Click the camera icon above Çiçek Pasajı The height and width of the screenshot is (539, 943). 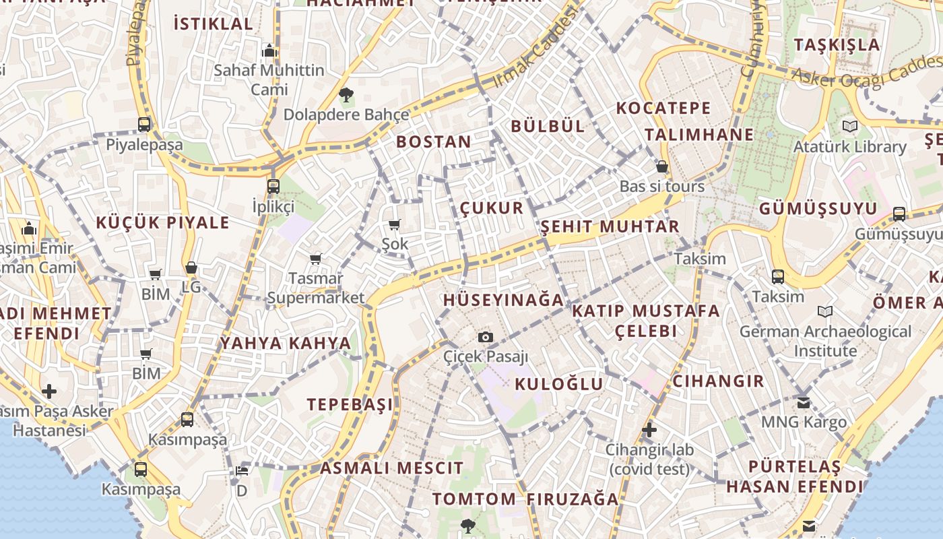tap(485, 337)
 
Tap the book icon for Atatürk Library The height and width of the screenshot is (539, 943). tap(850, 126)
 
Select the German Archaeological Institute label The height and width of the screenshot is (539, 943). tap(825, 341)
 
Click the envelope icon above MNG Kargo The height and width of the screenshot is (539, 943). tap(804, 402)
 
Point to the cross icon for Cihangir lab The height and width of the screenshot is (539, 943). tap(649, 429)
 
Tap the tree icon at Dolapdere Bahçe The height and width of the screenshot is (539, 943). tap(346, 94)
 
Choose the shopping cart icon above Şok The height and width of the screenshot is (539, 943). tap(395, 224)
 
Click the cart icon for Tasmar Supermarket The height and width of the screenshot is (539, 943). tap(315, 259)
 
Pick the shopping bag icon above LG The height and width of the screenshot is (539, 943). tap(191, 267)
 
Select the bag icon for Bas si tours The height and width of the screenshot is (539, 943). tap(662, 166)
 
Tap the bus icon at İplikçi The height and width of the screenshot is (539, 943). tap(273, 187)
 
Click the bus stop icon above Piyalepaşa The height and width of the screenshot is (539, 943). tap(144, 125)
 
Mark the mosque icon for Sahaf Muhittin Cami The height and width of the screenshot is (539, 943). tap(269, 51)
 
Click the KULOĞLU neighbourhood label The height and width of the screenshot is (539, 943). tap(558, 384)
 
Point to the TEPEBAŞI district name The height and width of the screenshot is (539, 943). tap(350, 404)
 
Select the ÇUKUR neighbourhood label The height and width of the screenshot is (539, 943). tap(492, 208)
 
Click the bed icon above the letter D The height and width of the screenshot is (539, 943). tap(242, 470)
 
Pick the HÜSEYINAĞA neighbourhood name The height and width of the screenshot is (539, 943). tap(502, 300)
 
